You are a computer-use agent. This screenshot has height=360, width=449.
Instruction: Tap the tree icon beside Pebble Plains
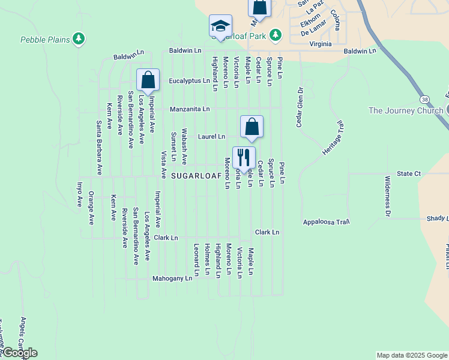78,40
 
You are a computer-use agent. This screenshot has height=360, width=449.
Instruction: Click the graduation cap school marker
220,26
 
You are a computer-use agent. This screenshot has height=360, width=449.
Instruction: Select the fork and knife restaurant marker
244,158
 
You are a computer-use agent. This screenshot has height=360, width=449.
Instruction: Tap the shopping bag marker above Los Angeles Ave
148,81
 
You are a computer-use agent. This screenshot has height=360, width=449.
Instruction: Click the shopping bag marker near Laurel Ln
252,127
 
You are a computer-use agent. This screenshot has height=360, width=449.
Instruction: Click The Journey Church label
405,110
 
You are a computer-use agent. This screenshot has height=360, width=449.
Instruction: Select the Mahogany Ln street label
172,278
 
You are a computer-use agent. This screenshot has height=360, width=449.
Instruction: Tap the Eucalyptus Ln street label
189,80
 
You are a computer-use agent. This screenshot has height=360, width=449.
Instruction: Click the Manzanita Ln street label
189,109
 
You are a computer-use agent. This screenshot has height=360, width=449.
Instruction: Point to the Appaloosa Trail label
326,221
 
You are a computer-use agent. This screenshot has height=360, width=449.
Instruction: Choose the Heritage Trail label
335,139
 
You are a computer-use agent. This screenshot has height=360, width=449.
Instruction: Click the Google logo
19,353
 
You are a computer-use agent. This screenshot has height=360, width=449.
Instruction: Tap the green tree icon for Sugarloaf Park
276,35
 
